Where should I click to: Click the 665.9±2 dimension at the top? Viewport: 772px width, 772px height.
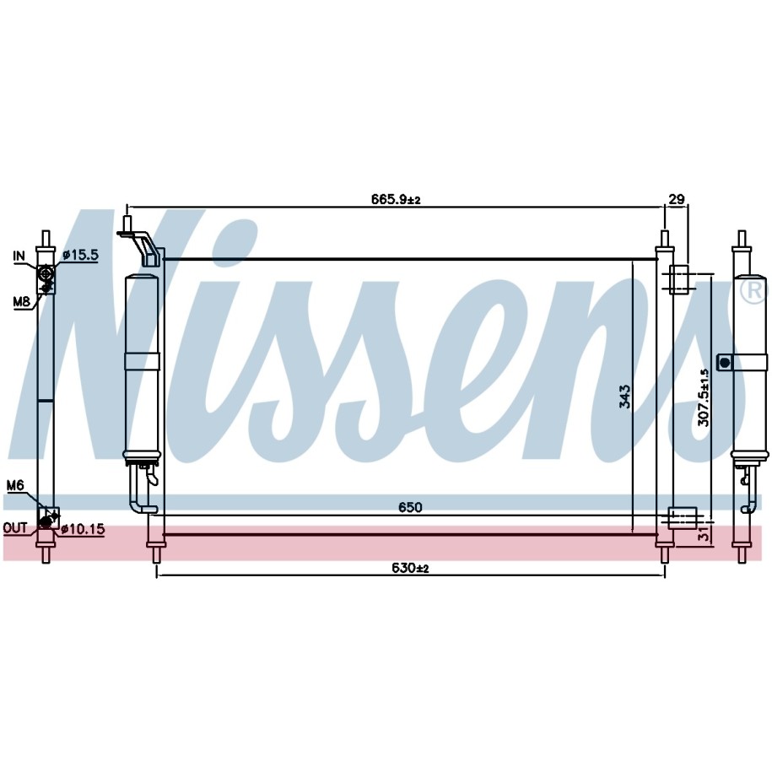pyautogui.click(x=396, y=199)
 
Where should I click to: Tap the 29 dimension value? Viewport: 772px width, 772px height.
pyautogui.click(x=677, y=199)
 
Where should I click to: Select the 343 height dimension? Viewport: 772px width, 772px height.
pyautogui.click(x=624, y=397)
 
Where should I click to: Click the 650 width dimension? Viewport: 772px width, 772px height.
pyautogui.click(x=410, y=507)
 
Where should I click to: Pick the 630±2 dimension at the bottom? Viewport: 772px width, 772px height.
pyautogui.click(x=410, y=568)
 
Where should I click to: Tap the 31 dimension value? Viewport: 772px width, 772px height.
pyautogui.click(x=705, y=533)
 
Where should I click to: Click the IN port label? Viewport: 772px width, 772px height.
pyautogui.click(x=19, y=256)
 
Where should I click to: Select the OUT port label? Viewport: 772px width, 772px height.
pyautogui.click(x=15, y=528)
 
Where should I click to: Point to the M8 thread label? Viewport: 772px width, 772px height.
pyautogui.click(x=21, y=301)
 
